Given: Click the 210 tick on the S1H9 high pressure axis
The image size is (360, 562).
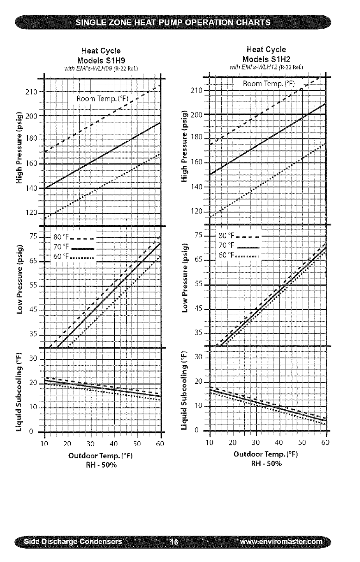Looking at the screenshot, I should [31, 92].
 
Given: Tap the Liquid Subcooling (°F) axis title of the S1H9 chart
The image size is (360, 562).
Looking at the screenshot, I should [19, 390].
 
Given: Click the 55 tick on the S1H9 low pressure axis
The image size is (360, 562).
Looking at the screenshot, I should [32, 286].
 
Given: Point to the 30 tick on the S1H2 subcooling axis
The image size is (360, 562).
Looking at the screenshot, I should [199, 357].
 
